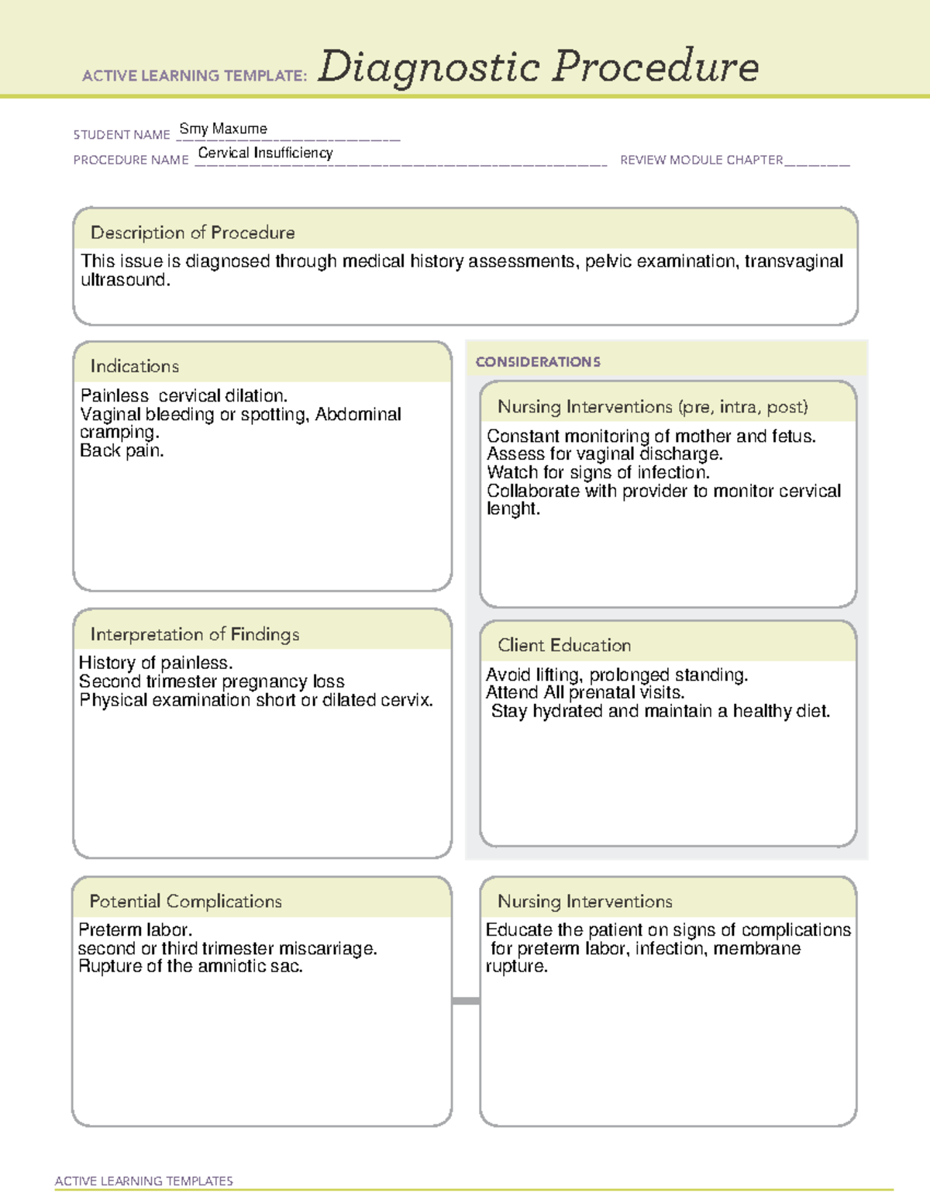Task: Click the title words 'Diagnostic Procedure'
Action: pos(538,67)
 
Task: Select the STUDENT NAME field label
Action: pos(122,135)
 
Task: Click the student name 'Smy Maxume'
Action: pos(223,129)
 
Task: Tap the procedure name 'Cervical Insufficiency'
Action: pos(265,153)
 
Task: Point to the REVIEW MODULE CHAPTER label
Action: pos(701,160)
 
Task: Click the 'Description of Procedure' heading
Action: pos(193,233)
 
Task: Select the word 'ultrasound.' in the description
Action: pos(126,281)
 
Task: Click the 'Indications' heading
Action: pos(135,366)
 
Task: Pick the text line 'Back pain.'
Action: pos(122,450)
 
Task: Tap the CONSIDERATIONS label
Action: pos(538,362)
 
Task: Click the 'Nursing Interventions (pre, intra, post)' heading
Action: pos(653,407)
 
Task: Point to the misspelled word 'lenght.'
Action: pos(513,509)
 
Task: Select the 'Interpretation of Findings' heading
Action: pos(195,634)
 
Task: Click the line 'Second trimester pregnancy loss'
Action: pos(212,681)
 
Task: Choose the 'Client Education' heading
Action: pos(564,645)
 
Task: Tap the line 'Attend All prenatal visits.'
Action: pos(585,692)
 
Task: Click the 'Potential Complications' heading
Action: pos(186,901)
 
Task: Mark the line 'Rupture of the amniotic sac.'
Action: pos(191,966)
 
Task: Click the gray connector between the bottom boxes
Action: pos(466,1001)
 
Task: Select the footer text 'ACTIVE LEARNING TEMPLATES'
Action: pos(144,1181)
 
